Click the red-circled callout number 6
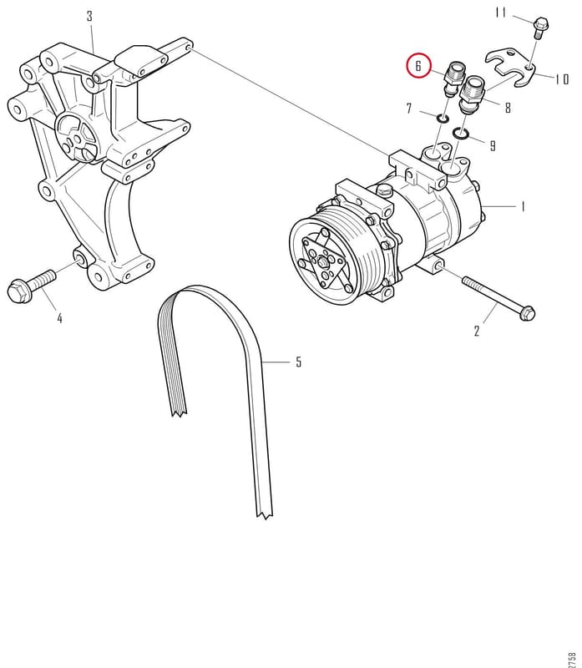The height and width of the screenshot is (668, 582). [x=418, y=66]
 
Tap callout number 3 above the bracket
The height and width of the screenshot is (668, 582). [x=89, y=17]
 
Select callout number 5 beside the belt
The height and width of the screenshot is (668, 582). [x=299, y=362]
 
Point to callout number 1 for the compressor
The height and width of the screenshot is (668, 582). [x=523, y=206]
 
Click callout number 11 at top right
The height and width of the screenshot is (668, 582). [x=501, y=13]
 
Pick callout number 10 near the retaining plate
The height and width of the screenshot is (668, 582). [x=562, y=78]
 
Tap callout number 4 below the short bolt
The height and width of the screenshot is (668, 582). [x=59, y=318]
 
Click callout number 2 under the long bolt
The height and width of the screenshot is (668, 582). [x=477, y=331]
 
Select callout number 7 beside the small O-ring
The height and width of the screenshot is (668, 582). [x=409, y=109]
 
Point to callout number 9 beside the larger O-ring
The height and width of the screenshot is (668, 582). [x=493, y=146]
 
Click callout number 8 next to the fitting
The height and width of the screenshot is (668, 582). [x=508, y=108]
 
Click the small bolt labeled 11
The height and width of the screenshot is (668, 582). [x=540, y=28]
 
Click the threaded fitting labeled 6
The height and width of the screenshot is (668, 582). [x=453, y=78]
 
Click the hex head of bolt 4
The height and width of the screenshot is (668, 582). [x=18, y=291]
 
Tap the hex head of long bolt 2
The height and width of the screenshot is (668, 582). [x=527, y=313]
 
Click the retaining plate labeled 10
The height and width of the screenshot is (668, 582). [x=511, y=66]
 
